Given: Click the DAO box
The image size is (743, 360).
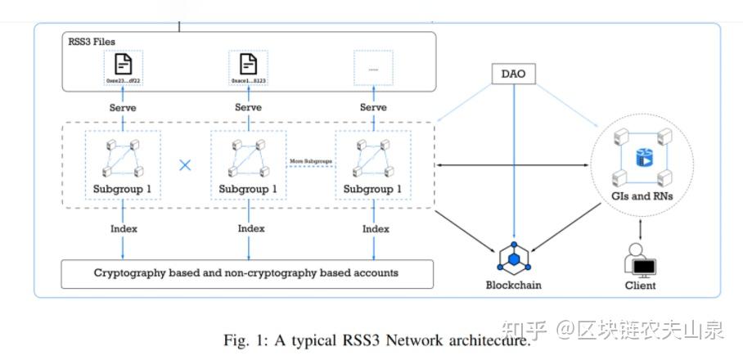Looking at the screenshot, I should coord(514,74).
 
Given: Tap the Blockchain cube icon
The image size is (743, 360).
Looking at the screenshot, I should coord(514,258).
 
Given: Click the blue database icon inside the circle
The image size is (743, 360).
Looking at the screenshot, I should coord(641,155).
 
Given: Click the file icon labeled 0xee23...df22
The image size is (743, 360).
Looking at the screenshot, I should coord(124,63).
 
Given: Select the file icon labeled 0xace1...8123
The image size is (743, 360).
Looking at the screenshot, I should coord(248,63).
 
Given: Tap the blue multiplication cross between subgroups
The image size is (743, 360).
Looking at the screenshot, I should coord(186,165).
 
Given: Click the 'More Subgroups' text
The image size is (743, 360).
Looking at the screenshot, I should coord(310,162).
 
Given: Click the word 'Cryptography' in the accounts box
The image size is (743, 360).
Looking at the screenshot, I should coord(127,272).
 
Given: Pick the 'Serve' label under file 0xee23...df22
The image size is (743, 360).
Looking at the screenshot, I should coord(123,107).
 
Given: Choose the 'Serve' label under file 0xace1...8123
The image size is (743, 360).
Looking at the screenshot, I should coord(248,107).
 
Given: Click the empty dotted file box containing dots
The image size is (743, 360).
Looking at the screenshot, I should coord(373,70).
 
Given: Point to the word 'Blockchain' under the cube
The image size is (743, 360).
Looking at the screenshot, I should coord(514,286).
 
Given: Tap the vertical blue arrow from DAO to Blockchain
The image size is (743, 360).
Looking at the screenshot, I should coord(514,164).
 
